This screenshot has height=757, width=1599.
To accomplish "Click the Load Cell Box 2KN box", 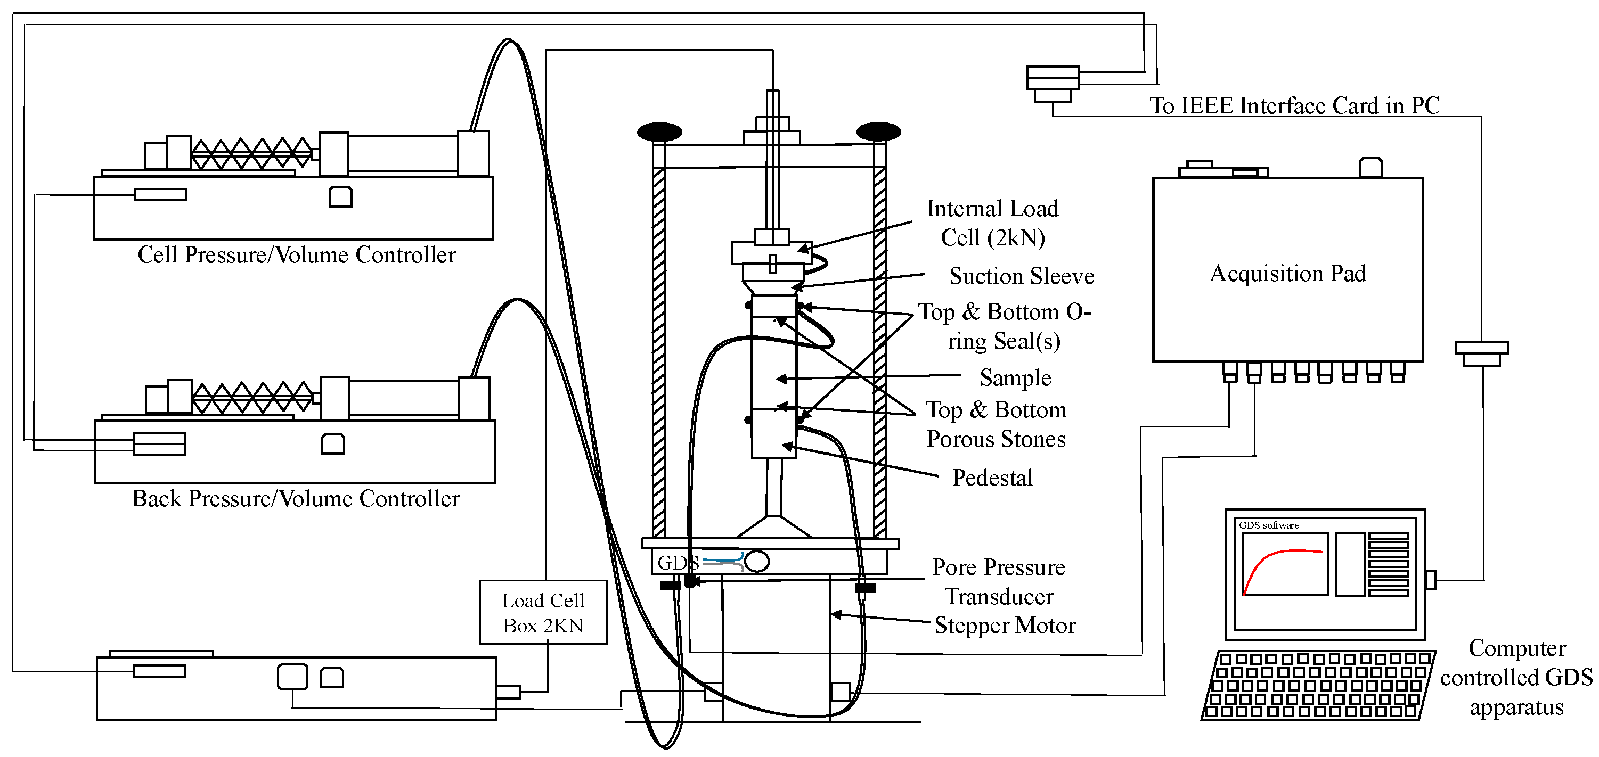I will (543, 612).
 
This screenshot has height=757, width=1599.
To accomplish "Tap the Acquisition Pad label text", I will (1287, 274).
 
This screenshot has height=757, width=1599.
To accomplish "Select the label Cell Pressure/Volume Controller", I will (297, 255).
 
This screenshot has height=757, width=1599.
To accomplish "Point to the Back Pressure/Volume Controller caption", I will (296, 499).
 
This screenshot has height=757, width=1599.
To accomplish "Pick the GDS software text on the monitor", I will (1268, 525).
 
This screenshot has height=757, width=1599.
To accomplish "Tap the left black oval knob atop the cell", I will (659, 131).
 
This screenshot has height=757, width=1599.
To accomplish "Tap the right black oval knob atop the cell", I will (878, 131).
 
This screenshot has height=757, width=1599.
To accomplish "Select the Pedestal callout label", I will (992, 478).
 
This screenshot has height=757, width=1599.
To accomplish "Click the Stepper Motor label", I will (1005, 626).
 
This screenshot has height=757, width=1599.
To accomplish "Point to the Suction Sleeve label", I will (1021, 276).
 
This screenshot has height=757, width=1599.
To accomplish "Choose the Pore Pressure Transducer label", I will (999, 581).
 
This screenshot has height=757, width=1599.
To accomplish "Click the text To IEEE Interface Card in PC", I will (1294, 105).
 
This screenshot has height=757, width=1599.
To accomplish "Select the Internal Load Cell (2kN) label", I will (992, 223).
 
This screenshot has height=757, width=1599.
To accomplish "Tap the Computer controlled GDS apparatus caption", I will (1516, 678).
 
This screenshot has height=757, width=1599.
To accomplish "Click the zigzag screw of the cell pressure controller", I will (251, 153).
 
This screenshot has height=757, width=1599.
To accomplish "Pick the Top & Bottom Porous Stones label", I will (996, 424).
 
